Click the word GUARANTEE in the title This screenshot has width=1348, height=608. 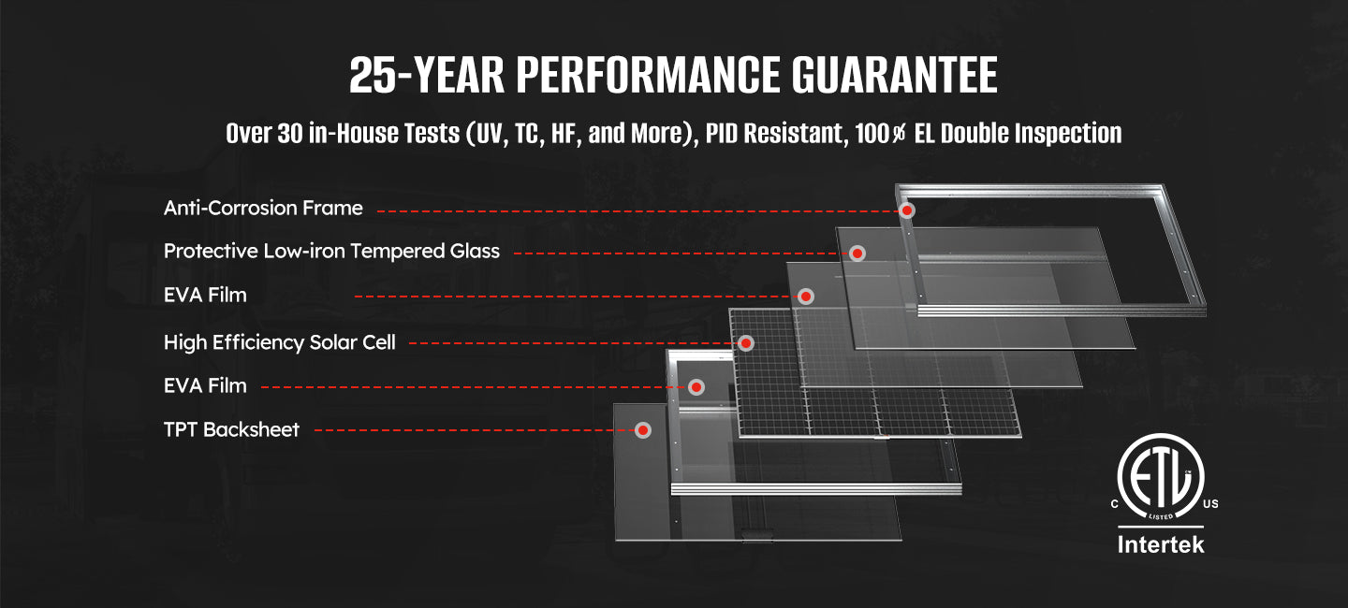click(894, 75)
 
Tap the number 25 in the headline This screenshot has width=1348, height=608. click(372, 75)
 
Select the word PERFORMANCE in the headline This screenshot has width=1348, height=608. click(648, 75)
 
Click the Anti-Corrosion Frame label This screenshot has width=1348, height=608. click(263, 208)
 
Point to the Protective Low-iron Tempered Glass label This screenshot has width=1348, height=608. click(331, 252)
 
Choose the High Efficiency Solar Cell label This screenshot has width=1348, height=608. click(280, 342)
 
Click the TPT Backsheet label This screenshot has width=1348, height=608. click(231, 429)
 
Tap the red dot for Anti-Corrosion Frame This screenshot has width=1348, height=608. click(907, 210)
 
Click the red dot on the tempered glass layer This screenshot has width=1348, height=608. click(857, 253)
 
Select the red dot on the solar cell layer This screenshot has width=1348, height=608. click(746, 342)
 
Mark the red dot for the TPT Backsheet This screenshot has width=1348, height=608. click(643, 430)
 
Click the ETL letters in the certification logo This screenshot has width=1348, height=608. click(1161, 479)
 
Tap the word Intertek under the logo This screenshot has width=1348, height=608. click(1161, 544)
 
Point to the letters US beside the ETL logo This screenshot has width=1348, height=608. click(1210, 504)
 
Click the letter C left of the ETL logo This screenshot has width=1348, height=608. click(1115, 504)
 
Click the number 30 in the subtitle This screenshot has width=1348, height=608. click(290, 134)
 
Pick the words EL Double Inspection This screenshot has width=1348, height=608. click(1018, 134)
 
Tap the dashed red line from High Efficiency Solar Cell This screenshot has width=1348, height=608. click(574, 343)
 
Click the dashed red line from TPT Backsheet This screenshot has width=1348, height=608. click(475, 430)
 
